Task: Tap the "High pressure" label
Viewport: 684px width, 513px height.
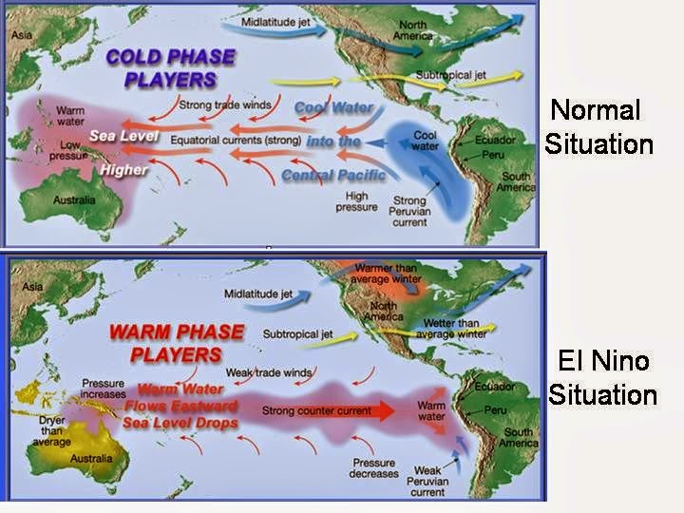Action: coord(351,200)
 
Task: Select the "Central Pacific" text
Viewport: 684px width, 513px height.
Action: coord(333,175)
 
